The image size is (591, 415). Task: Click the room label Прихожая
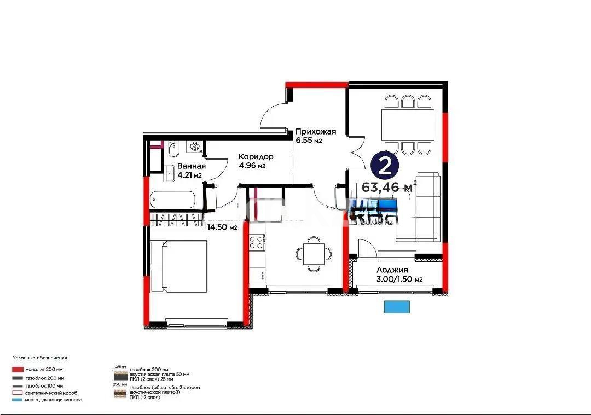315,132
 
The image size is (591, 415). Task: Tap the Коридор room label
256,157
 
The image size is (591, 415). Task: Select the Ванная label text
191,167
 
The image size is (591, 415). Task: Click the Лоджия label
392,270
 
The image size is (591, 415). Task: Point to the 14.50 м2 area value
222,227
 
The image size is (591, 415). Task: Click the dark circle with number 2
385,164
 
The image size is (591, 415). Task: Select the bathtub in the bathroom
172,200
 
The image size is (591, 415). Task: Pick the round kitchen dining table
314,253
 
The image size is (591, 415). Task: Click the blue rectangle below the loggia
397,307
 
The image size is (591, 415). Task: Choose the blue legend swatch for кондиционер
19,400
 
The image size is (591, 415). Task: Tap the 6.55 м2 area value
309,141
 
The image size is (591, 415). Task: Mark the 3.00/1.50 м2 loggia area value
400,279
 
